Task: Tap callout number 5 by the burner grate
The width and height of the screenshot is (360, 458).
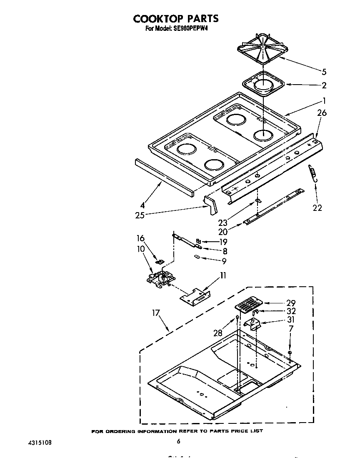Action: pos(324,71)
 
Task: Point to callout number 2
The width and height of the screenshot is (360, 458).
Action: pos(324,85)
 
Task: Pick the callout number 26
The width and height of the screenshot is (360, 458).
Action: pos(322,113)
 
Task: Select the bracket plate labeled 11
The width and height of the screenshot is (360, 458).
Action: pos(195,296)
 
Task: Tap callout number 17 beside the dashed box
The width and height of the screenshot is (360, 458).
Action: pos(156,313)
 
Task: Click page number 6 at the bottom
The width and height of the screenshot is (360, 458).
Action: pos(178,441)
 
